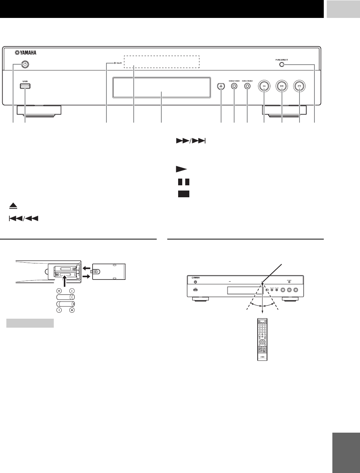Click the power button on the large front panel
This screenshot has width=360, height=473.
pos(25,64)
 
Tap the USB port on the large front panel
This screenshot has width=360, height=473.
pos(25,86)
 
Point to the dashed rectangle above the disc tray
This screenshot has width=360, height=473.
pos(161,62)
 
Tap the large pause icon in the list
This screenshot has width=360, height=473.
pos(183,182)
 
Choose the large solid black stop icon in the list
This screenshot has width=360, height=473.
pos(184,194)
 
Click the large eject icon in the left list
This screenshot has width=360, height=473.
pos(13,206)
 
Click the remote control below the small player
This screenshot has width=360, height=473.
pos(262,338)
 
